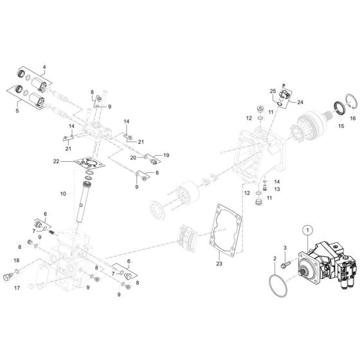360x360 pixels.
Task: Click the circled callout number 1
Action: click(x=307, y=230)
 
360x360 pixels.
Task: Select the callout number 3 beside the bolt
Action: click(x=285, y=248)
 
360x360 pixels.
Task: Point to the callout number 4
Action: click(x=44, y=67)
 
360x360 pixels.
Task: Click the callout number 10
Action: click(x=62, y=194)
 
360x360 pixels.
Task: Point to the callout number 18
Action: click(x=17, y=260)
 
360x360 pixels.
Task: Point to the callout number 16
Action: click(x=352, y=118)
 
